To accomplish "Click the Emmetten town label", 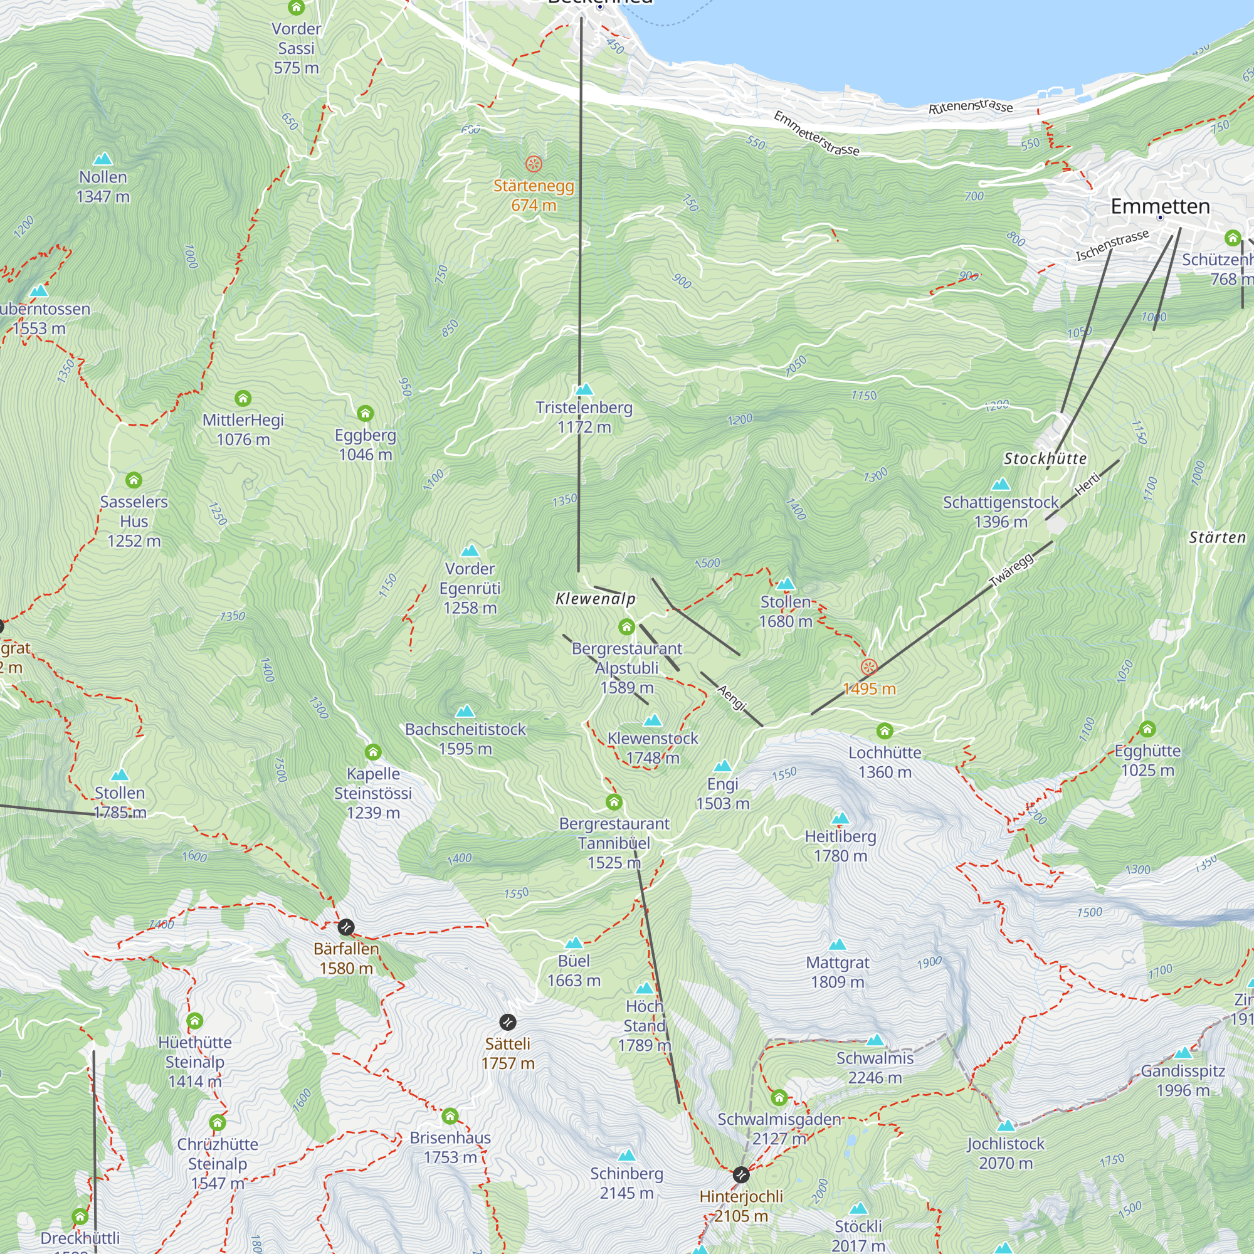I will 1160,206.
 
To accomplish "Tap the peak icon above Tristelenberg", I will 584,389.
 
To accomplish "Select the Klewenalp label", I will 595,599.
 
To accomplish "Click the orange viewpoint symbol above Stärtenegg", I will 534,164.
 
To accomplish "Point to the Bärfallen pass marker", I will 346,927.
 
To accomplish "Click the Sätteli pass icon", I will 508,1022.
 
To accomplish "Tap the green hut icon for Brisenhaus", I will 450,1117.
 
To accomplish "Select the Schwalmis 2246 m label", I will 874,1068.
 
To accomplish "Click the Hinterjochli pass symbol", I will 740,1175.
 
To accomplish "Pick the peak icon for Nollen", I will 103,159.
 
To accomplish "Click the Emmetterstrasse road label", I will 816,134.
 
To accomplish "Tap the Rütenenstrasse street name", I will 970,107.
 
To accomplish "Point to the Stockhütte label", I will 1045,459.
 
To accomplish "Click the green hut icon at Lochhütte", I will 884,732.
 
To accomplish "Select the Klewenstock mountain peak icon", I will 652,720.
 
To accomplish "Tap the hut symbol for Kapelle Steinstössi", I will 372,752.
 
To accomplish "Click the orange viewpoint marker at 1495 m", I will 868,667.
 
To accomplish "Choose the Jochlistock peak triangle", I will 1006,1125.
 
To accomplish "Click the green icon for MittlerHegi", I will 243,398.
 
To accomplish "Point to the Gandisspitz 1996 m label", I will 1183,1081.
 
